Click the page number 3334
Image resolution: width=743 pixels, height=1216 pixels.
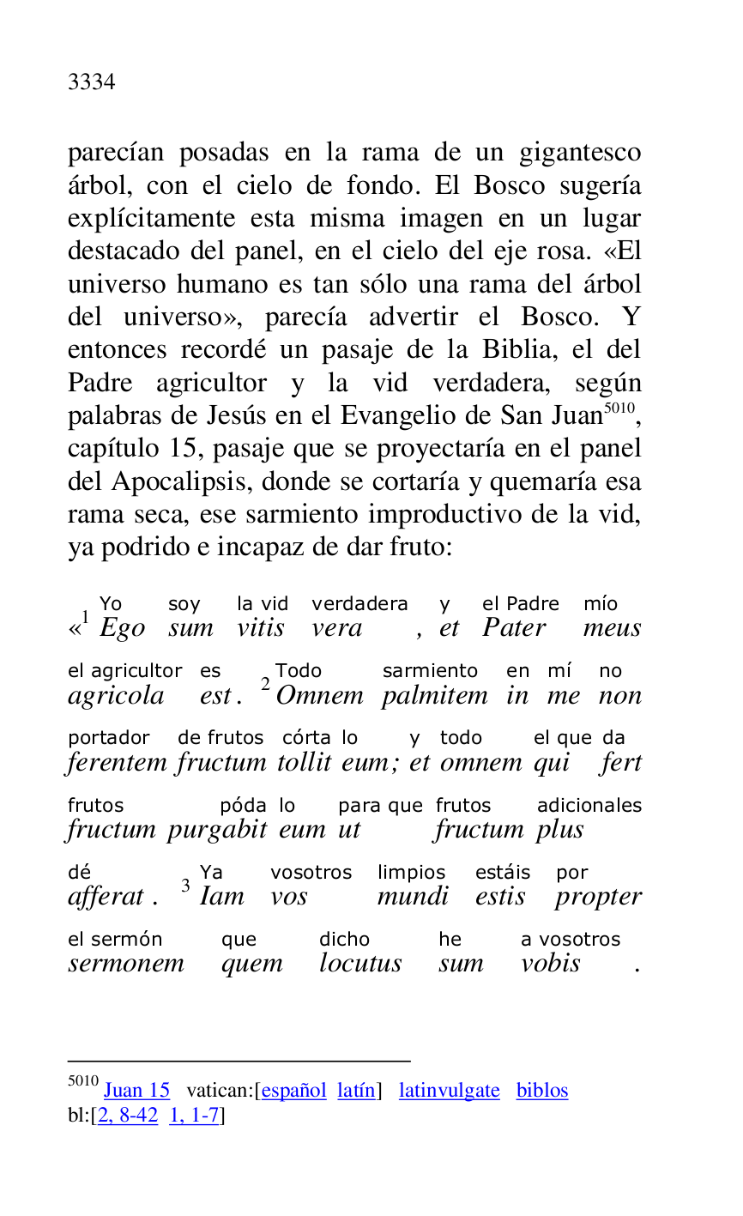tap(91, 82)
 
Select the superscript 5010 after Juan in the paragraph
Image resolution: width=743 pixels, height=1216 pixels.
tap(618, 408)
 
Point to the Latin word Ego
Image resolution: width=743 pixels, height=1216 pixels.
tap(122, 628)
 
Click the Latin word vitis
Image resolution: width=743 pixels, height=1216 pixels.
tap(261, 628)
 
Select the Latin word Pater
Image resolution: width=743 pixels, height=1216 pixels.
tap(514, 628)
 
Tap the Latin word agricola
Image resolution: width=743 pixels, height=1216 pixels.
tap(116, 696)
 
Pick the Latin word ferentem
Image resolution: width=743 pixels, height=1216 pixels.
tap(119, 763)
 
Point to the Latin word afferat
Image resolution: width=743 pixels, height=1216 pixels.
tap(106, 897)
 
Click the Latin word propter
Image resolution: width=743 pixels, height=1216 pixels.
tap(597, 898)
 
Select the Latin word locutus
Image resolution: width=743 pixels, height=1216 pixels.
tap(360, 964)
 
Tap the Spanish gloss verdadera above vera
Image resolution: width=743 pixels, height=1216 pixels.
tap(359, 604)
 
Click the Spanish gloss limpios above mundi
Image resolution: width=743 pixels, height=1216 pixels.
tap(411, 873)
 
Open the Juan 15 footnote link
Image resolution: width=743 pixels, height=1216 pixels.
tap(136, 1091)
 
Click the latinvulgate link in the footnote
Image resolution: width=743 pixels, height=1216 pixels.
tap(449, 1091)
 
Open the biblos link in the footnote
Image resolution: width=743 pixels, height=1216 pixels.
tap(541, 1091)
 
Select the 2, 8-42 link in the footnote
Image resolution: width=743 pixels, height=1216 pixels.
tap(128, 1116)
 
